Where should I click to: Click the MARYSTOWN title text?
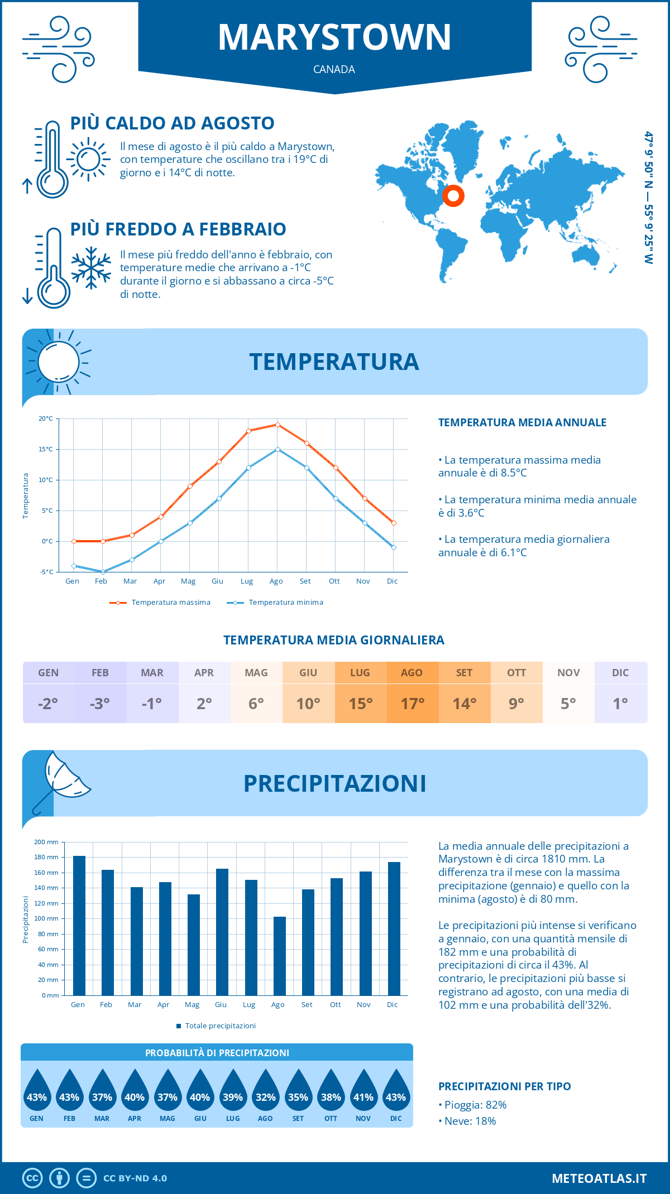(x=334, y=37)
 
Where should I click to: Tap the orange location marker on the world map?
(x=453, y=196)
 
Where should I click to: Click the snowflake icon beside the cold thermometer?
(x=91, y=268)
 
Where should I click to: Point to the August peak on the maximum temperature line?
(x=277, y=425)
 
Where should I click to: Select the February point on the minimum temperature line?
(x=103, y=572)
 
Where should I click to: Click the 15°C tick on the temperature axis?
(x=46, y=449)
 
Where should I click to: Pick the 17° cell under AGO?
(x=412, y=704)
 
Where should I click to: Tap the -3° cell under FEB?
(x=100, y=704)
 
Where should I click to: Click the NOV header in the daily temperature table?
(x=568, y=673)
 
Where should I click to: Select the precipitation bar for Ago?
(x=280, y=956)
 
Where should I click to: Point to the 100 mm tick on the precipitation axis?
(x=49, y=918)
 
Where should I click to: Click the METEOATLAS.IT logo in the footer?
(x=599, y=1178)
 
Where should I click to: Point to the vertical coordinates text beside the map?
(x=648, y=198)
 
